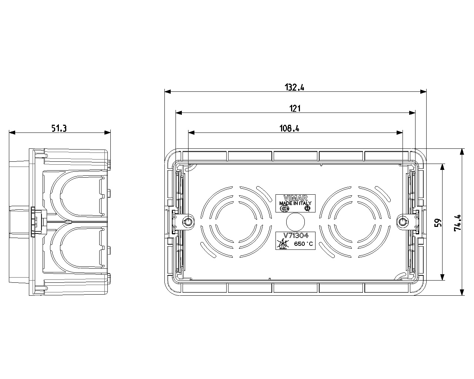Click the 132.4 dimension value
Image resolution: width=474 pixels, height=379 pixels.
point(294,87)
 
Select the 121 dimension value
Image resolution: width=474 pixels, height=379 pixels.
point(295,108)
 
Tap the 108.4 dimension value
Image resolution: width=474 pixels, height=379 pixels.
point(289,128)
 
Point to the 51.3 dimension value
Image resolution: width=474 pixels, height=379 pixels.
point(59,128)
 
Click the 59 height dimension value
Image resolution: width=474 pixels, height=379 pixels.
point(438,222)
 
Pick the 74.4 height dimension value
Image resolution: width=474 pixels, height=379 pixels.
point(457,223)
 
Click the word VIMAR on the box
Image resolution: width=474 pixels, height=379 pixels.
point(296,198)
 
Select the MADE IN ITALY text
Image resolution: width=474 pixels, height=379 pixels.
point(295,203)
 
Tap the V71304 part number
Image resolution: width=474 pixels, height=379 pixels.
point(296,235)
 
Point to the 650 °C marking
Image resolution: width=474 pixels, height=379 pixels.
point(304,244)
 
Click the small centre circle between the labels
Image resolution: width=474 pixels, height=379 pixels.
point(296,222)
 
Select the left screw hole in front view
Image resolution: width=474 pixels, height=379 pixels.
point(188,222)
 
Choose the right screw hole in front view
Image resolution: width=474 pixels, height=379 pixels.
point(402,222)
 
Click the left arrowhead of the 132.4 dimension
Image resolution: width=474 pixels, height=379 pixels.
point(168,92)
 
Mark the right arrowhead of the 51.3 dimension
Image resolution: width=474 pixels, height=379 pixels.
point(107,133)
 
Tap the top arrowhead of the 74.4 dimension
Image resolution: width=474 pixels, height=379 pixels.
point(462,152)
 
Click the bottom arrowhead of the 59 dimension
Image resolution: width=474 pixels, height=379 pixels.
point(442,277)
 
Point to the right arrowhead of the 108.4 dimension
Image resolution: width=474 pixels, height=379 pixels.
point(400,133)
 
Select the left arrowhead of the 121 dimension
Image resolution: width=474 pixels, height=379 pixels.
point(178,113)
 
